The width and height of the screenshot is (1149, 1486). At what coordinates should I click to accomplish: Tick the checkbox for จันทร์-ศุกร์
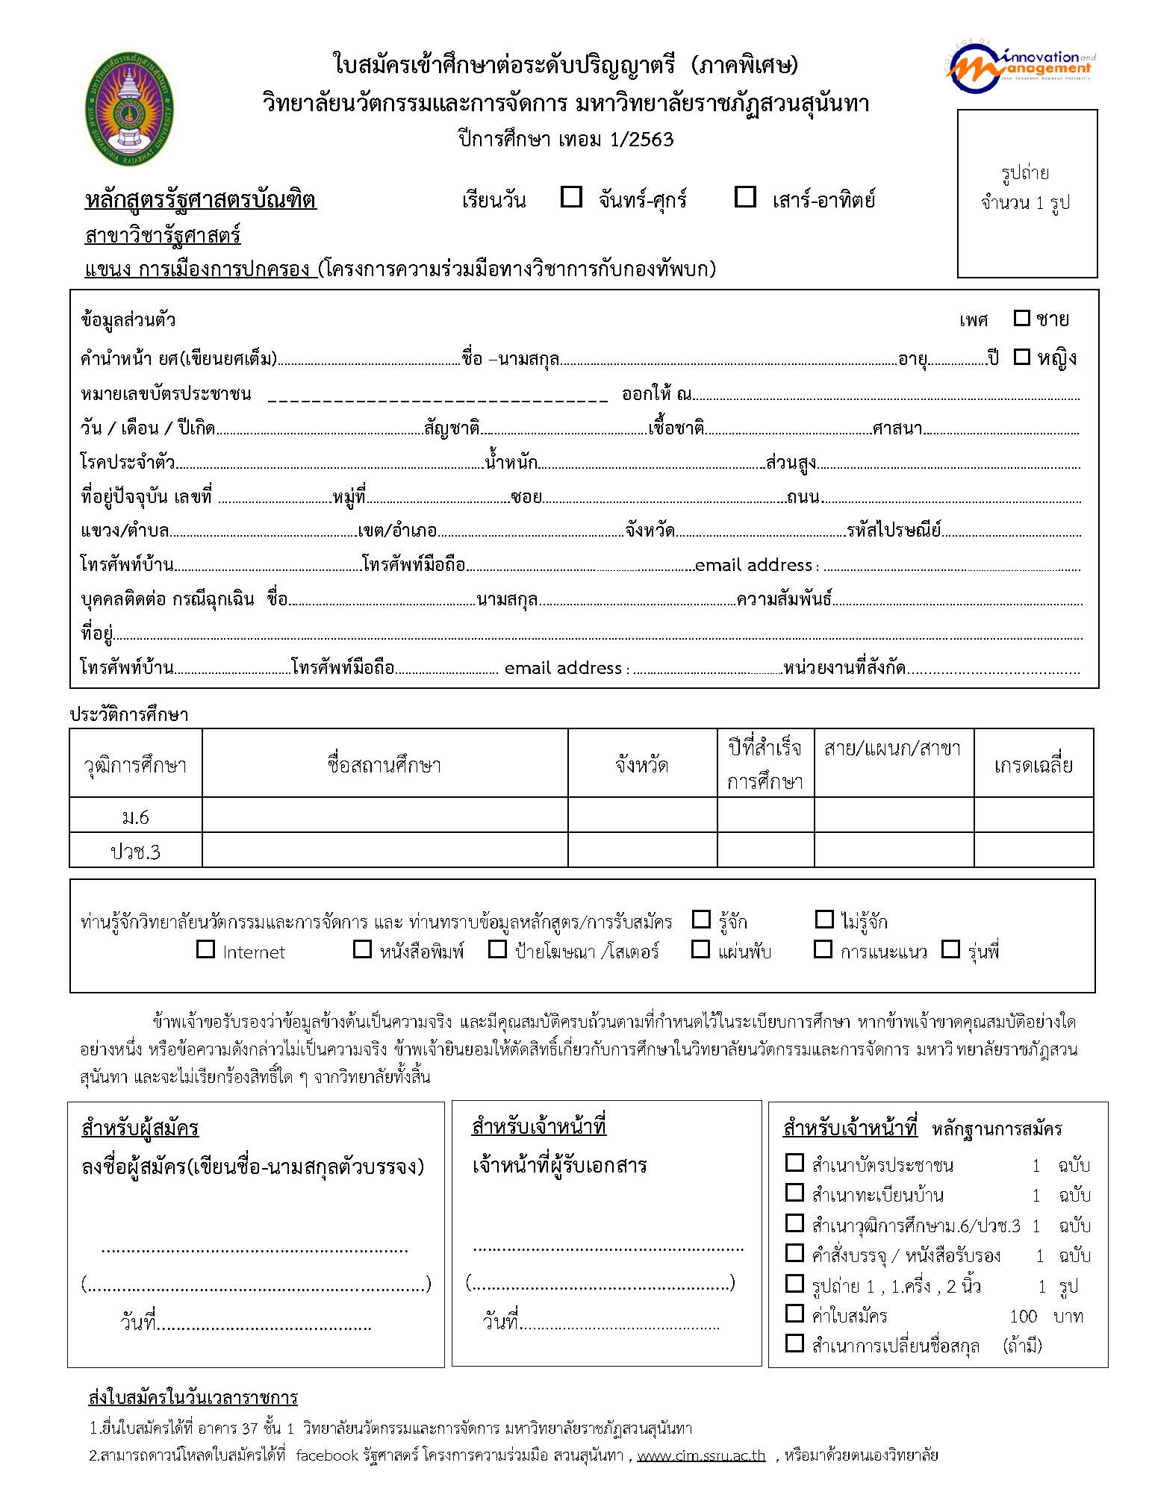coord(572,197)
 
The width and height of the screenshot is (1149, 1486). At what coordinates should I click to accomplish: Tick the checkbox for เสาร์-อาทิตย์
coord(745,197)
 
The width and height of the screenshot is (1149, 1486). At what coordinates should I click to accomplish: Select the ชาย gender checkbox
coord(1021,318)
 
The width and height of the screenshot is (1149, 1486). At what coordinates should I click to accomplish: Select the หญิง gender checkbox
coord(1021,357)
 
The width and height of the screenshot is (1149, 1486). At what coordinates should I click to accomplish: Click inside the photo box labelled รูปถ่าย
coord(1027,194)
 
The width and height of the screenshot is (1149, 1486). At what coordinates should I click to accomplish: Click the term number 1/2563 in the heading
coord(641,140)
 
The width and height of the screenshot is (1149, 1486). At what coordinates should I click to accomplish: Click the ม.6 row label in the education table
coord(135,817)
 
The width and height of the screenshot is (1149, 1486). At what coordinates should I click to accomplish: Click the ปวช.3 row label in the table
coord(135,852)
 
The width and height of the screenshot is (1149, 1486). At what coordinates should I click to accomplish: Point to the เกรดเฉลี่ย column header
coord(1033,764)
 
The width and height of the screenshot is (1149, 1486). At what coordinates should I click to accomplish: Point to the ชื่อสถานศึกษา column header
coord(384,764)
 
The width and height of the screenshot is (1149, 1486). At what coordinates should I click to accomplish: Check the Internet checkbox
coord(205,949)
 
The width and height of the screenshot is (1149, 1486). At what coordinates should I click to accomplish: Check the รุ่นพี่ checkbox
coord(950,949)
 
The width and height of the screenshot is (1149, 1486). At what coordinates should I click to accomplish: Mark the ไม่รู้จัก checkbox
coord(824,919)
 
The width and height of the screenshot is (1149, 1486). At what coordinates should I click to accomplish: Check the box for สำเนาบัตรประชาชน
coord(794,1163)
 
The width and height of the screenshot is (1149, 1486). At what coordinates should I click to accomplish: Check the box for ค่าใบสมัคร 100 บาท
coord(794,1313)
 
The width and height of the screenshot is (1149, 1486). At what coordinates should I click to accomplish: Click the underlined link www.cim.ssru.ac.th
coord(700,1455)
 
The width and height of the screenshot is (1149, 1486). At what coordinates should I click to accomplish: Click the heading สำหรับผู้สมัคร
coord(140,1127)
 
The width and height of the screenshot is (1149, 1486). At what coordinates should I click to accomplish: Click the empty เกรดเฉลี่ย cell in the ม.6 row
coord(1033,815)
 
